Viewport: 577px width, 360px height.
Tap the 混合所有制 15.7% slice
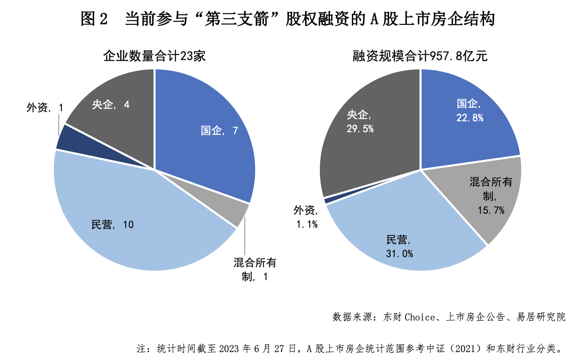click(x=486, y=196)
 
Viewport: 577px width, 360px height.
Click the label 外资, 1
click(x=45, y=108)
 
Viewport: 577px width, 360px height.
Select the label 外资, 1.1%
click(x=306, y=217)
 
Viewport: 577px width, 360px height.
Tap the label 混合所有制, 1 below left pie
click(x=255, y=269)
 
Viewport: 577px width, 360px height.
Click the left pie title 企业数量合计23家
click(x=154, y=56)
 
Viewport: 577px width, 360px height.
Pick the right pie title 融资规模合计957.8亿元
click(x=420, y=56)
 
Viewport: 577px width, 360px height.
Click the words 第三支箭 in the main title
click(x=236, y=19)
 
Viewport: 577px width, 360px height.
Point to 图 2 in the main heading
click(x=94, y=19)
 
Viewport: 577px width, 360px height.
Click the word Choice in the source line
click(x=419, y=317)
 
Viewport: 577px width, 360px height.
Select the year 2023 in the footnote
click(x=229, y=349)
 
